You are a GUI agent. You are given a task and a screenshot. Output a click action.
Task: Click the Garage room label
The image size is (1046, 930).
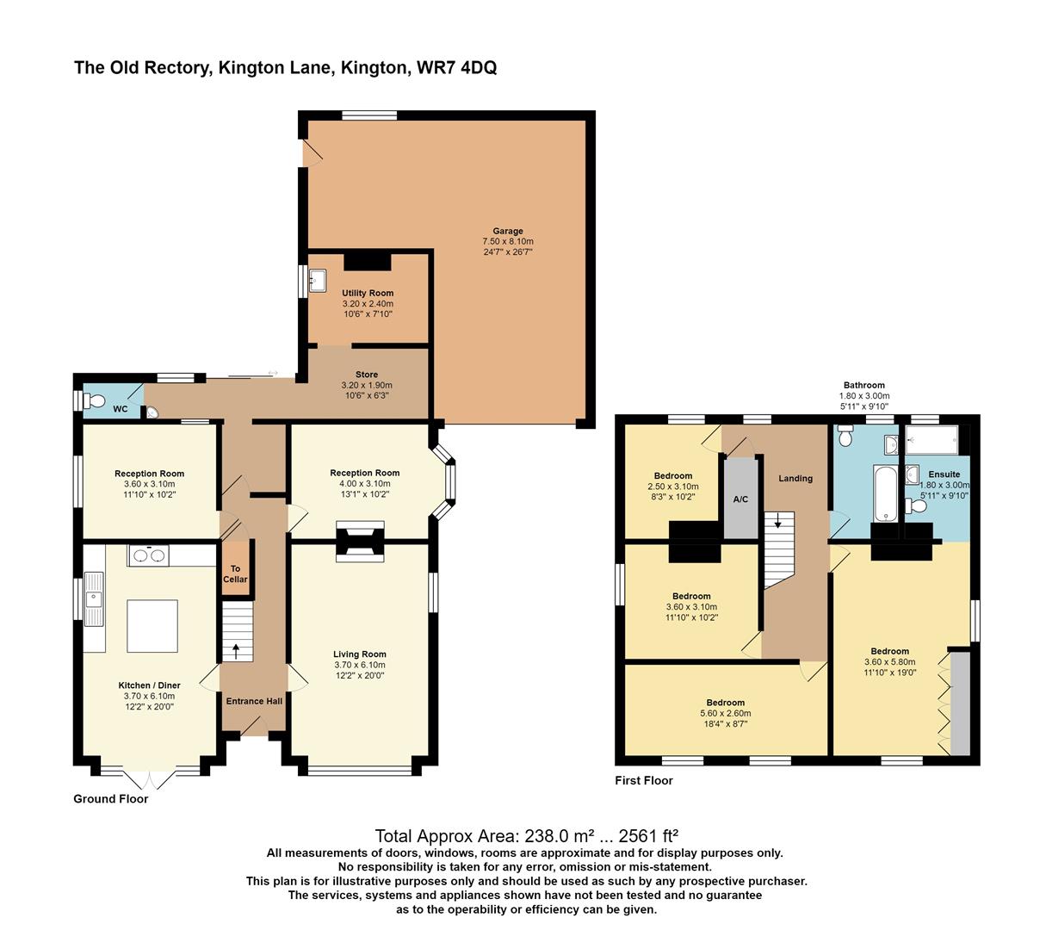point(508,231)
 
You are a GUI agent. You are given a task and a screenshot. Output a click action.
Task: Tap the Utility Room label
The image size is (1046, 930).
point(368,294)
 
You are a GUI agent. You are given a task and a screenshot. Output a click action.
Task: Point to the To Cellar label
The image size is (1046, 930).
point(235,573)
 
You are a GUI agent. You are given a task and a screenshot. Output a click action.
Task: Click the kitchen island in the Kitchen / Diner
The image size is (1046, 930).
point(152,626)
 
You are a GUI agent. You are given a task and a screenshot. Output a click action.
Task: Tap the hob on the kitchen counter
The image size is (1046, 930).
point(148,555)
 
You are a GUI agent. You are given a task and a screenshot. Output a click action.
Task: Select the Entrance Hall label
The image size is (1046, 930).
point(254,701)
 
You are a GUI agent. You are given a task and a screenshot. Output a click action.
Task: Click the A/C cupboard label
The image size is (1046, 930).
point(740,499)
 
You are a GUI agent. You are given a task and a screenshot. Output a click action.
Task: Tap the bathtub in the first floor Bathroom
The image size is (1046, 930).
point(886,493)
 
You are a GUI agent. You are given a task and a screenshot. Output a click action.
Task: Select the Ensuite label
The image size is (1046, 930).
point(944,474)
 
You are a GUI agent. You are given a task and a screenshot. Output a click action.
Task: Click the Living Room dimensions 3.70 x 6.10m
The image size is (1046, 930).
point(360,665)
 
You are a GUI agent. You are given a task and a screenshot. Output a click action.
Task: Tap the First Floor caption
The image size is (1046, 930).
point(643,780)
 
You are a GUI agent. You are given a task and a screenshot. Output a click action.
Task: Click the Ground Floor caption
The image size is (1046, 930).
point(110,798)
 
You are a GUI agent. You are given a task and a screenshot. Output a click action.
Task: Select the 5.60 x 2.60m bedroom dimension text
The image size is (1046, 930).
point(726,713)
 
